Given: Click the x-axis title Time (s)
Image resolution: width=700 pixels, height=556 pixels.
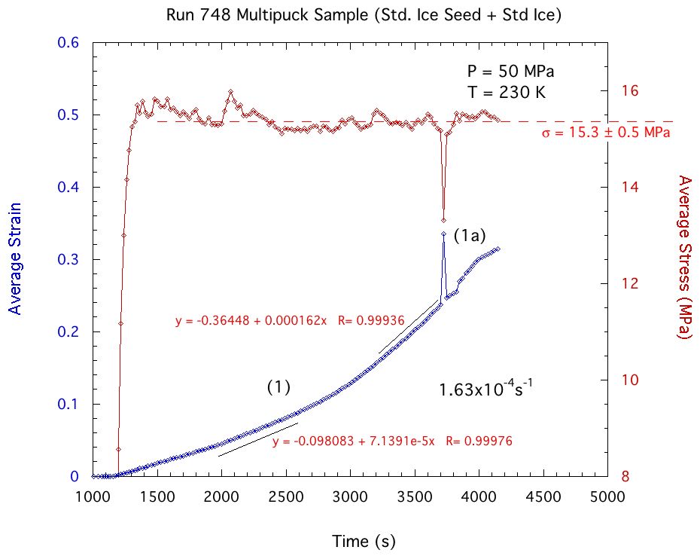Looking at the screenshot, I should point(364,541).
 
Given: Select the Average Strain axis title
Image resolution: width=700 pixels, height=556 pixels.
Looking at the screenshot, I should point(14,259).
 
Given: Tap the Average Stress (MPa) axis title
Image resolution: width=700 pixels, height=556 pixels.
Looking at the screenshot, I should point(683,258).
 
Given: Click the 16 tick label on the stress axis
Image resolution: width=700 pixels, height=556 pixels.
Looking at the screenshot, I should point(633,90).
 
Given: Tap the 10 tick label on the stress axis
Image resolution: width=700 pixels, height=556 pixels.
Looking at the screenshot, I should point(633,380).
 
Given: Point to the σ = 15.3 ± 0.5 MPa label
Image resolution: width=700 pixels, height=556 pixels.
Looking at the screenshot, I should point(606,133).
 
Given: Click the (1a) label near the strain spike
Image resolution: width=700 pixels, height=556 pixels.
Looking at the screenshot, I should point(468,236).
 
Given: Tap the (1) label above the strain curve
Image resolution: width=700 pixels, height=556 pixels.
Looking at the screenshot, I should point(278,386).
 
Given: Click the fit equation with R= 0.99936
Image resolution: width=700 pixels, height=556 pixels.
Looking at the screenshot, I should point(290,321).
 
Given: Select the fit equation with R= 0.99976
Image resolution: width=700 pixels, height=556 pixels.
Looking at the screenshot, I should point(392,441).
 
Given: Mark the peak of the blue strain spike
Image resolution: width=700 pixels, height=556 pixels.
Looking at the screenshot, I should point(444,234).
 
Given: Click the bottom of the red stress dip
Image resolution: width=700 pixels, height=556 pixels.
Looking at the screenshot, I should point(444,220).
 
